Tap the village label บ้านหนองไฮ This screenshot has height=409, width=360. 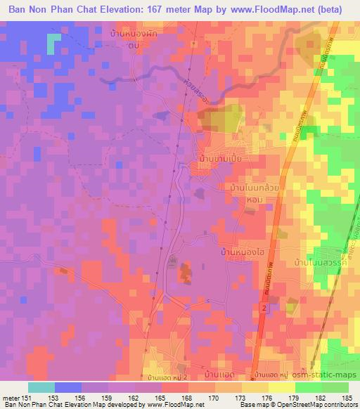(x=240, y=251)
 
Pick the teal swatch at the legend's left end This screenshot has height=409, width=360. (x=41, y=387)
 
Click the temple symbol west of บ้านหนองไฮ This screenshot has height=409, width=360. (x=174, y=262)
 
